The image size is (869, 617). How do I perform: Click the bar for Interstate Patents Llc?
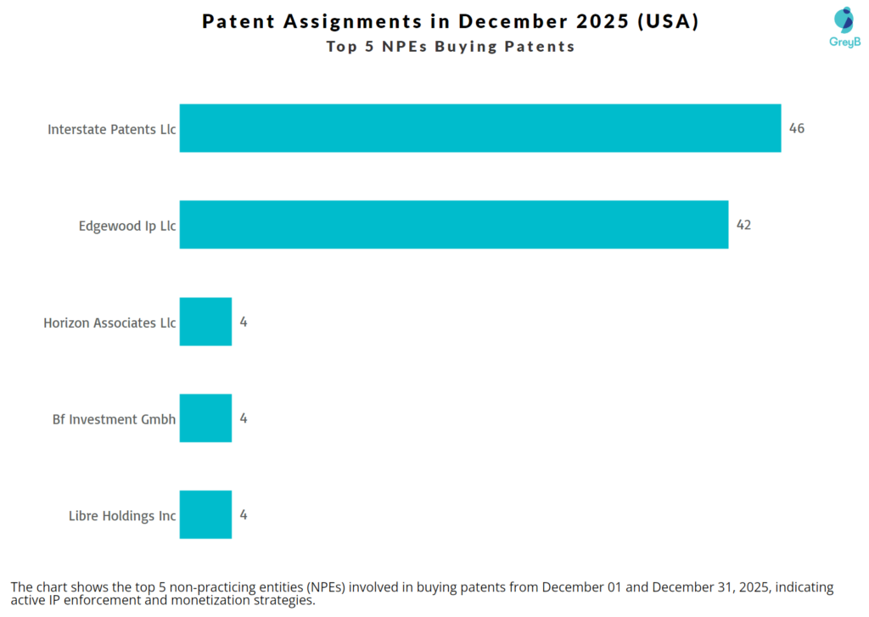point(479,128)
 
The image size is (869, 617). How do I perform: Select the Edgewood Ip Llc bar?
point(453,225)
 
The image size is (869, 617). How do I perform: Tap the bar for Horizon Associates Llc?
point(205,322)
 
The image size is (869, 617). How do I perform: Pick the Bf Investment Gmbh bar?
point(205,418)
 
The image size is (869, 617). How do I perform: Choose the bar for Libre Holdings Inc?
point(205,514)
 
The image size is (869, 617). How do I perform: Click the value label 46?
point(796,129)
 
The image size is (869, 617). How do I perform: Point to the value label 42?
point(743,226)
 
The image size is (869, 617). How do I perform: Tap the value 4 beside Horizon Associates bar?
point(243,323)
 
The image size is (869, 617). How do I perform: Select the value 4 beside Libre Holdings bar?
point(243,515)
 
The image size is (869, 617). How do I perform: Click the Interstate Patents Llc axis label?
point(111,130)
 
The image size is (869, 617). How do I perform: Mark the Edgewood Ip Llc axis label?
point(127,227)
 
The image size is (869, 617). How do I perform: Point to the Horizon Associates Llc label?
point(109,323)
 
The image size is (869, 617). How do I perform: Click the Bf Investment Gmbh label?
point(114,419)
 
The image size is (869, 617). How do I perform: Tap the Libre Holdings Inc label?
point(122,516)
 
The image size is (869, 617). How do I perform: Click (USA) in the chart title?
point(669,22)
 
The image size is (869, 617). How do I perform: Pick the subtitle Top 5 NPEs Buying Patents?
point(451,47)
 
